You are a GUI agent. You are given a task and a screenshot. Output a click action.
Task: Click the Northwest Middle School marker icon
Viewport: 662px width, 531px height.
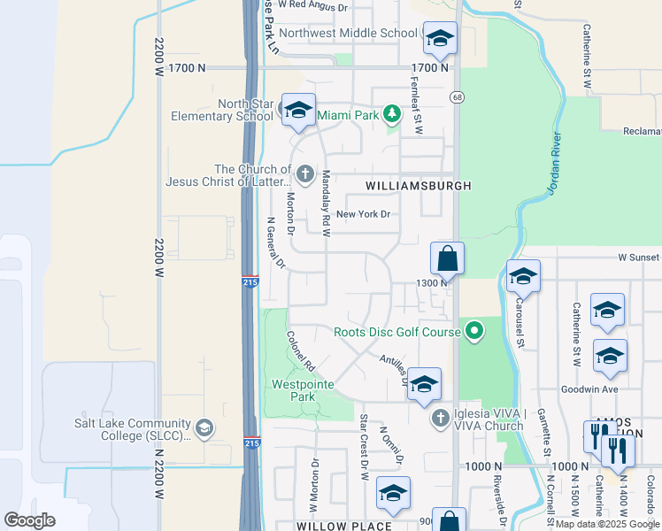tap(440, 38)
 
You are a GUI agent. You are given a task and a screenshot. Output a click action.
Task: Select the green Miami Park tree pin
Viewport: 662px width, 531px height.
tap(392, 115)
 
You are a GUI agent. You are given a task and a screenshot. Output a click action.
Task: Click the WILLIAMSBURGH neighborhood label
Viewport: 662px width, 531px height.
tap(416, 186)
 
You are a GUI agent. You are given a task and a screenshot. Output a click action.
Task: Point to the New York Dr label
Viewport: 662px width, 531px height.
tap(363, 214)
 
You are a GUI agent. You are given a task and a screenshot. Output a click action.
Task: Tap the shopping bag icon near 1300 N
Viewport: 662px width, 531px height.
tap(448, 259)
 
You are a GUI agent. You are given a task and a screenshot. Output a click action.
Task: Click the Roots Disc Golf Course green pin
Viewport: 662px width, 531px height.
tap(474, 332)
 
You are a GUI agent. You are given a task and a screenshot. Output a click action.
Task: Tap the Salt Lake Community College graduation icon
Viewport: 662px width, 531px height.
tap(204, 429)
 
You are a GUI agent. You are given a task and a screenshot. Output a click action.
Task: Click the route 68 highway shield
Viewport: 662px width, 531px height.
tap(456, 96)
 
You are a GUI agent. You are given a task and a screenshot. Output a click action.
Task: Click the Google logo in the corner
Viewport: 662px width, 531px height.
tap(29, 519)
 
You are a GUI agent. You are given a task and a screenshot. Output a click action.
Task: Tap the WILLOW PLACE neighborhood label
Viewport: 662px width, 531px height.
tap(344, 527)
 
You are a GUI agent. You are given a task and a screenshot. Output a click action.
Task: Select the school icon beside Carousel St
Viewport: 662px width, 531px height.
tap(522, 278)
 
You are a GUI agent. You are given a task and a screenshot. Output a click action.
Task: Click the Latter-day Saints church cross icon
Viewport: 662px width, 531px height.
tap(304, 173)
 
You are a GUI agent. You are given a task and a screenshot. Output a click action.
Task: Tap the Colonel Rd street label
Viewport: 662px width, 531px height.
tap(302, 350)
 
